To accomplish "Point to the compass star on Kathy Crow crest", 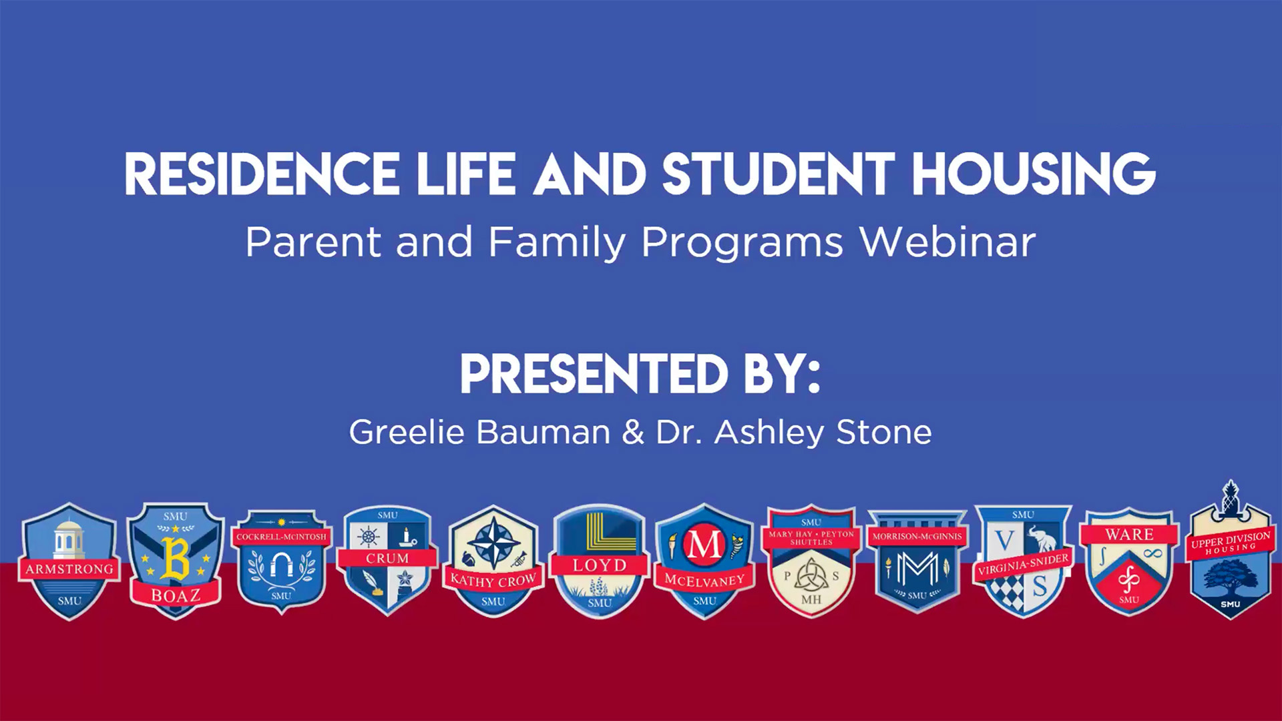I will click(x=493, y=543).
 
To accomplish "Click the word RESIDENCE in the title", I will click(x=262, y=175).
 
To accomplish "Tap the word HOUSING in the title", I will click(x=1034, y=175).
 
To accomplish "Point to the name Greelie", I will click(x=406, y=432).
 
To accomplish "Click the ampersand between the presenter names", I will click(x=632, y=432).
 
